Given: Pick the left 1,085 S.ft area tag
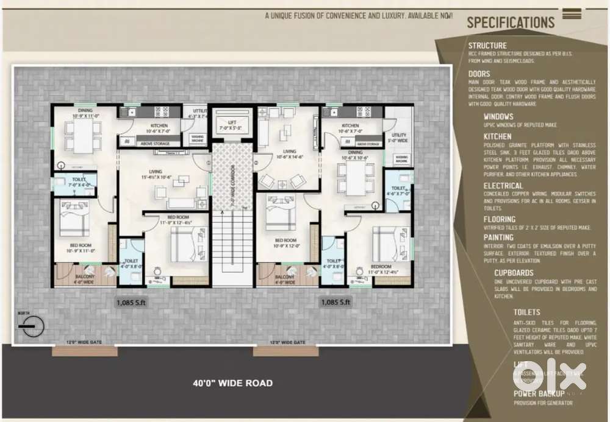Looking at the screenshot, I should (x=131, y=301).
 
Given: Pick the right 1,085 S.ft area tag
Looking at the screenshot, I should (x=336, y=301).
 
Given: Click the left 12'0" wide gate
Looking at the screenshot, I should (x=85, y=351).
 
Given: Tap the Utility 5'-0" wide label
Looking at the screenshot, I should (x=399, y=138).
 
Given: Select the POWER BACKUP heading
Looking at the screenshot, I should (x=539, y=394).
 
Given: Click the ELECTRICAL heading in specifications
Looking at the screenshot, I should (x=503, y=186).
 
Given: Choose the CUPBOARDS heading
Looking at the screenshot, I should (x=514, y=273).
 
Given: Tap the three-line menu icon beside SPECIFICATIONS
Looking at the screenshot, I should (x=572, y=14).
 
